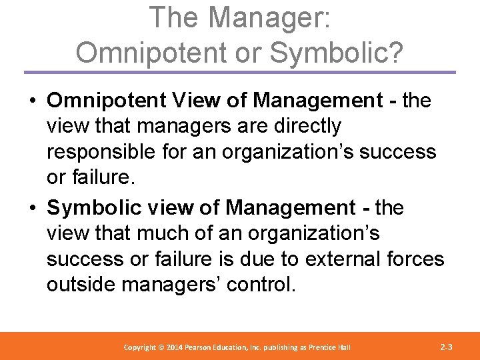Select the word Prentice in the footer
click(316, 347)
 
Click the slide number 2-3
click(447, 347)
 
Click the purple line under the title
click(240, 71)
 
